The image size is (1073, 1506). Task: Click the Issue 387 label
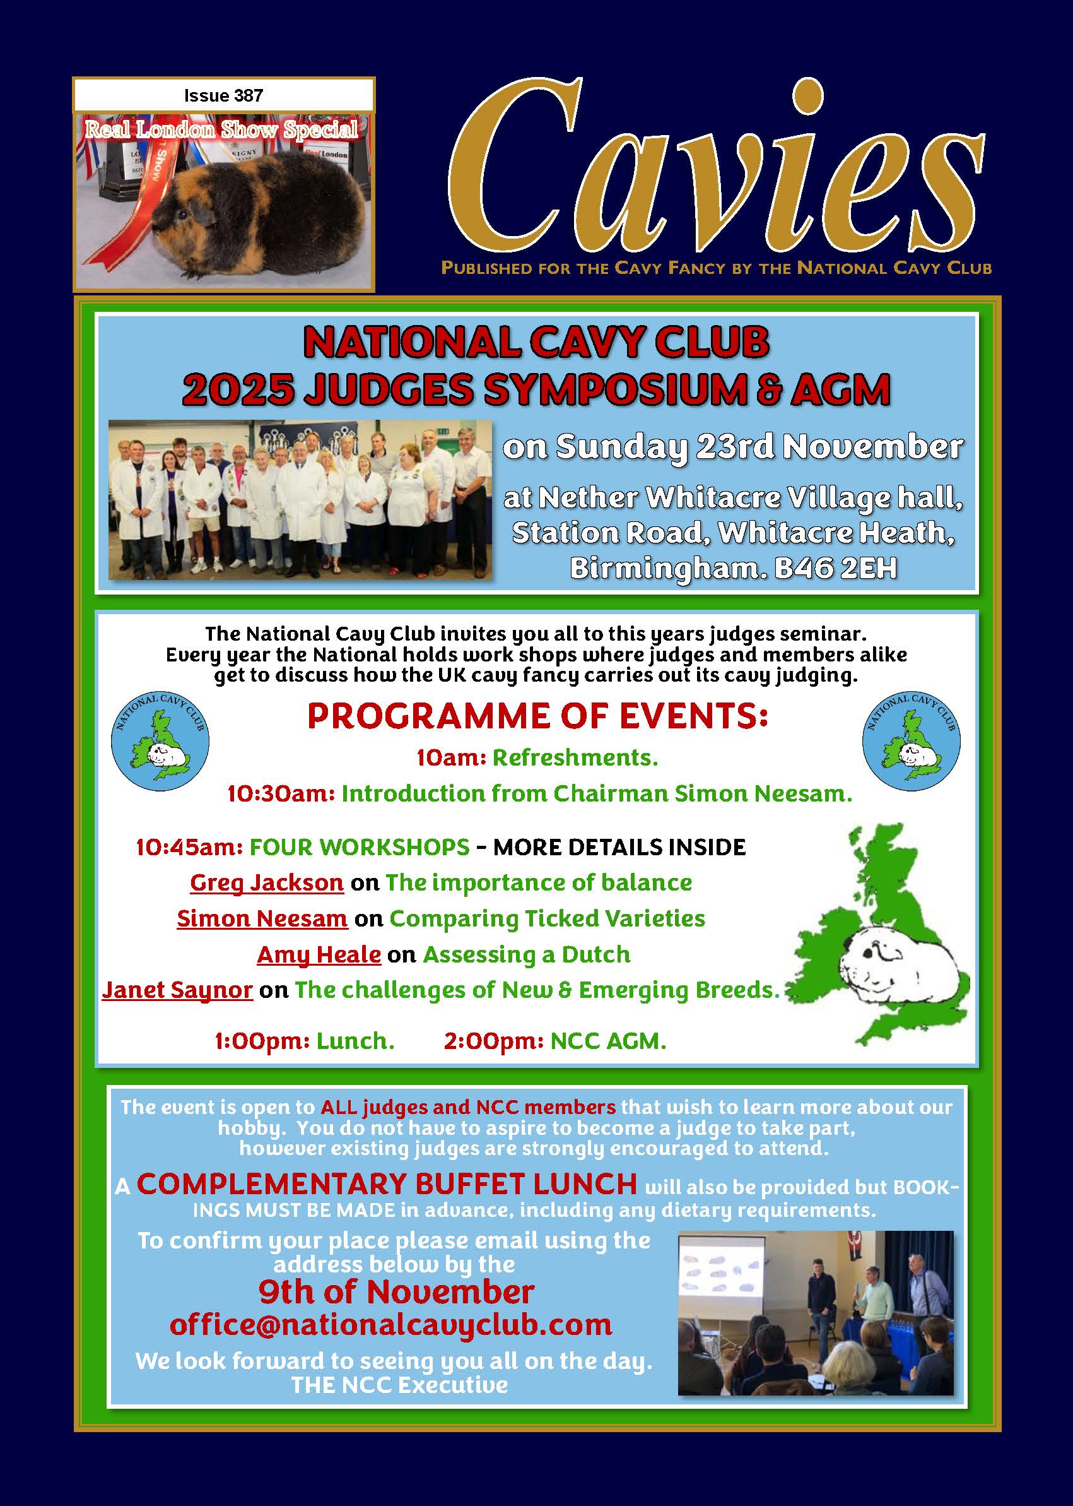pyautogui.click(x=223, y=96)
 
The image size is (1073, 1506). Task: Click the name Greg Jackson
pyautogui.click(x=267, y=882)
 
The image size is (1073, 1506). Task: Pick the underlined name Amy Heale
pyautogui.click(x=319, y=954)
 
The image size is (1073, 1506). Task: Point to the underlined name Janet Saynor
pyautogui.click(x=177, y=990)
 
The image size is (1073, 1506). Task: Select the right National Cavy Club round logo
pyautogui.click(x=911, y=742)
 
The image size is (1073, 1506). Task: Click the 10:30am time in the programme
pyautogui.click(x=281, y=793)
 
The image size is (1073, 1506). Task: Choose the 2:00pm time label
pyautogui.click(x=493, y=1041)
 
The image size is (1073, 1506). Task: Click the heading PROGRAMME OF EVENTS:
pyautogui.click(x=538, y=716)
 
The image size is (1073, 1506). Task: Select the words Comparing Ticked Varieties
pyautogui.click(x=547, y=918)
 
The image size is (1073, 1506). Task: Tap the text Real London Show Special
pyautogui.click(x=222, y=129)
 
